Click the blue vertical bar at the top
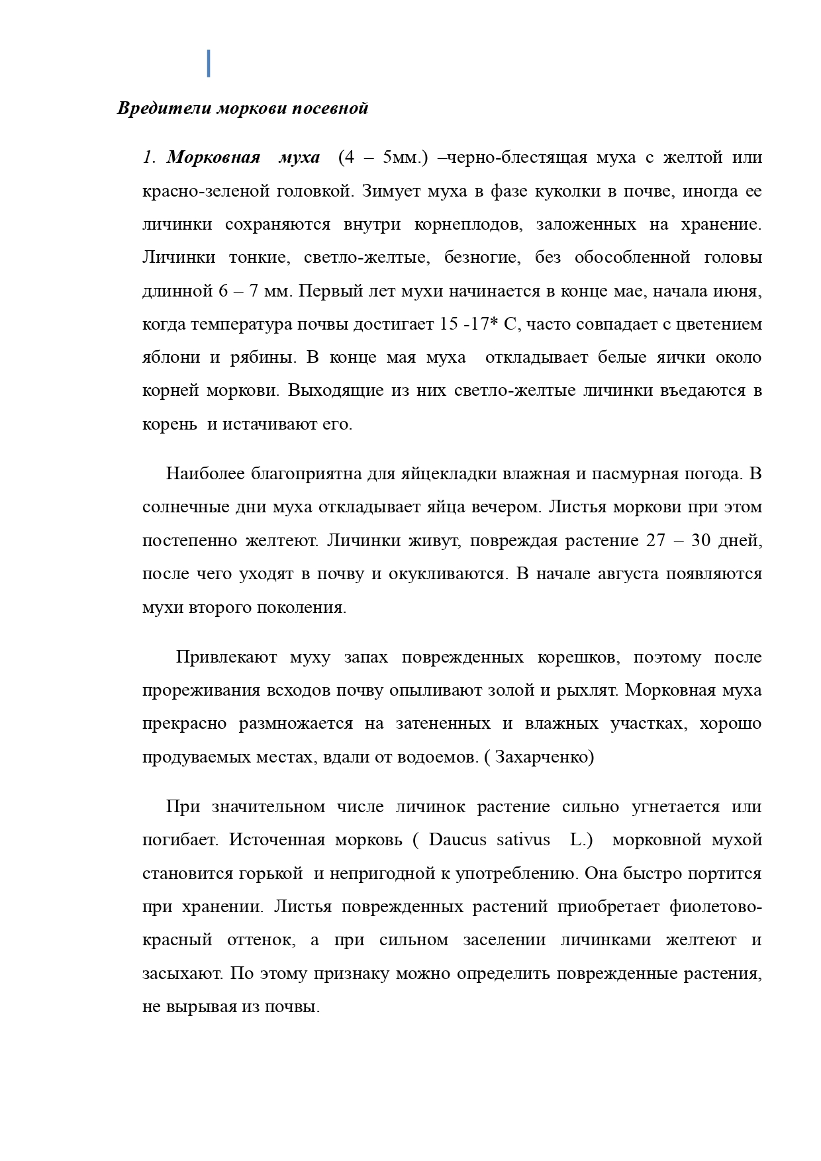point(209,63)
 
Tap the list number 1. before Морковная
point(149,158)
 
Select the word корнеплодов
point(467,224)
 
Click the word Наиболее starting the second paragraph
point(205,474)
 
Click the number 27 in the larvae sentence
point(652,540)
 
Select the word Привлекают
point(226,657)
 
